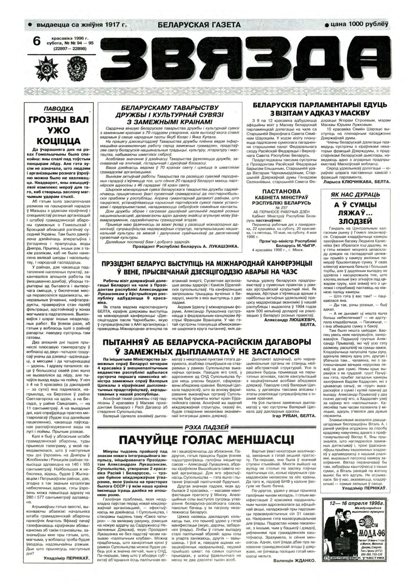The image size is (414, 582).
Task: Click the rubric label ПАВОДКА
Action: click(58, 109)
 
